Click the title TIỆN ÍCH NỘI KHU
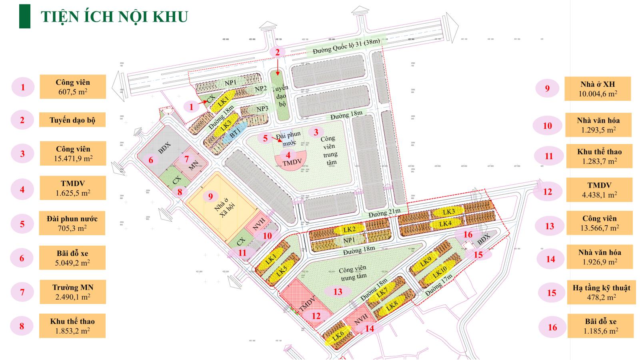click(114, 17)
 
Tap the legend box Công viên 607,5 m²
click(72, 87)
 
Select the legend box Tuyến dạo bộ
click(72, 120)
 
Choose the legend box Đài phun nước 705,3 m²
click(72, 223)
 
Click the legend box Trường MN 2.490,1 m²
click(72, 292)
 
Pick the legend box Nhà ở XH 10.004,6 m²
click(598, 89)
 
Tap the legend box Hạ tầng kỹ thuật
click(601, 292)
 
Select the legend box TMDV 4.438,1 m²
click(599, 190)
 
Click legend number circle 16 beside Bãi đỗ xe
click(552, 327)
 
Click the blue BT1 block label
click(235, 132)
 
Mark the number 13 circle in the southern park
click(338, 291)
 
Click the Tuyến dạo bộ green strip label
click(282, 96)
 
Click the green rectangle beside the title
click(25, 16)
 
